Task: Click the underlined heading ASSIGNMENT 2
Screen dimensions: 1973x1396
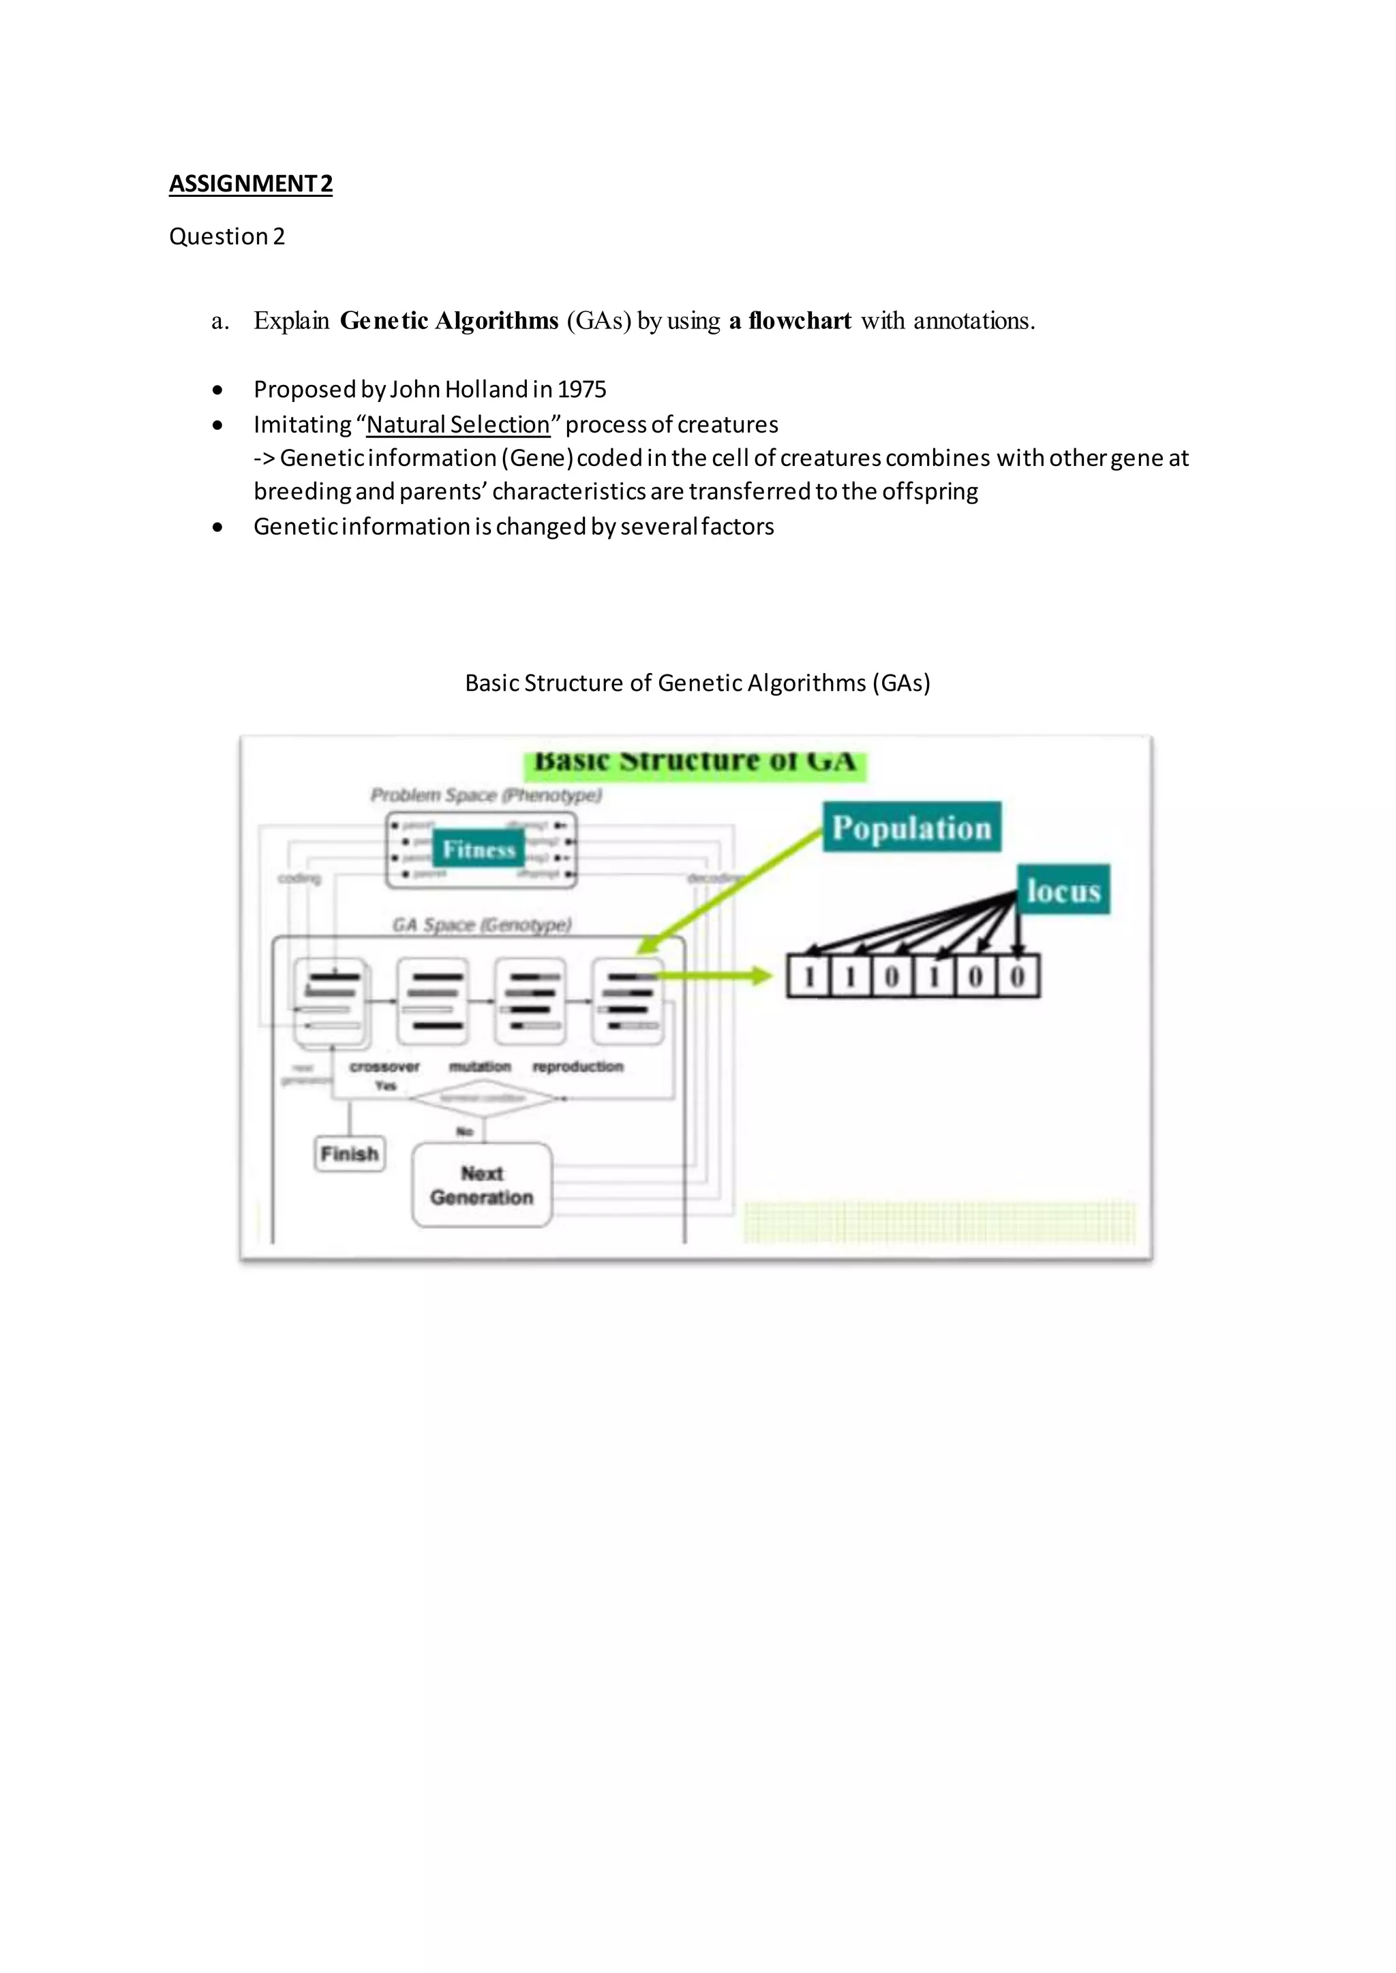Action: tap(250, 184)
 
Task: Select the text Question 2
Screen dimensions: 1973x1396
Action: tap(226, 236)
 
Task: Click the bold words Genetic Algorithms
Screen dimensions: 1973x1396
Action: tap(449, 320)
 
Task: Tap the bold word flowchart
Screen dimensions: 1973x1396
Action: tap(800, 320)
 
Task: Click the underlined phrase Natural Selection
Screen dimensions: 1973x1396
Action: tap(458, 424)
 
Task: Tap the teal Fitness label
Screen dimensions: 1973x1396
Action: tap(478, 849)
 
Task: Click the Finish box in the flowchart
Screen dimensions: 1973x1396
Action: tap(349, 1153)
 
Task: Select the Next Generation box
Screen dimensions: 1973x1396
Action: tap(481, 1185)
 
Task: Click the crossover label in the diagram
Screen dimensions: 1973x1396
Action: tap(384, 1066)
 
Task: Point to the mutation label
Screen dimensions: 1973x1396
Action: tap(480, 1066)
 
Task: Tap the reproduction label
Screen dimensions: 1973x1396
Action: tap(577, 1066)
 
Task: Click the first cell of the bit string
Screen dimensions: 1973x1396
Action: tap(809, 976)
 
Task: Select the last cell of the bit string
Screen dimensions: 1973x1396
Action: tap(1018, 976)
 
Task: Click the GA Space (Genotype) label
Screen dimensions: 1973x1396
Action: tap(482, 925)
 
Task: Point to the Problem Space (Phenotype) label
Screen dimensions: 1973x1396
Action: tap(486, 795)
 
